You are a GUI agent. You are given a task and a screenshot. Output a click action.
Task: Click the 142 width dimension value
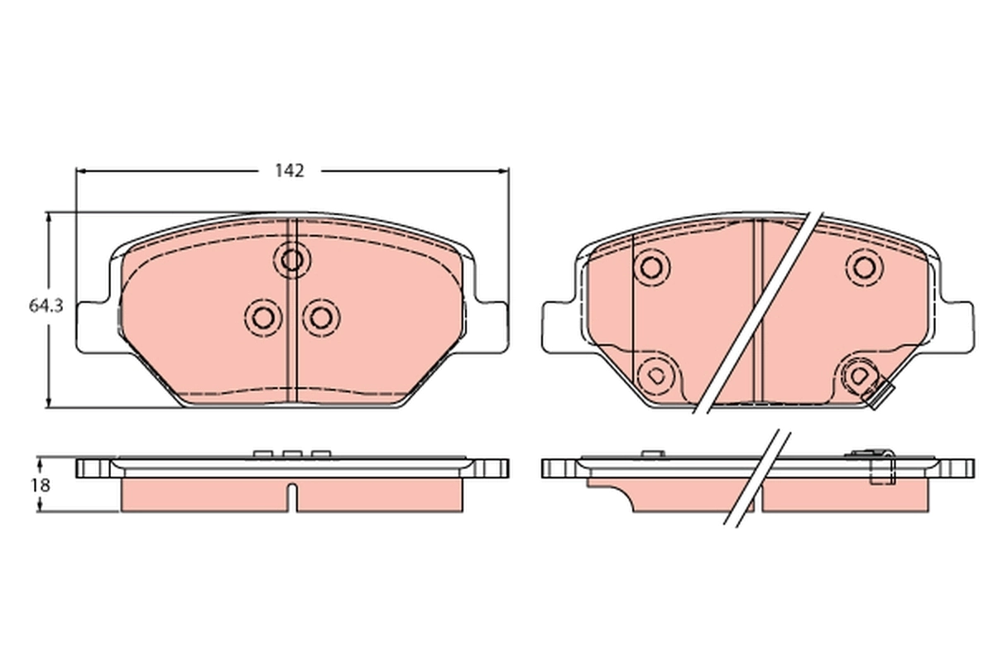point(290,171)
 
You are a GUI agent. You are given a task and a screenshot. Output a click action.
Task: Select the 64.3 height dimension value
point(46,306)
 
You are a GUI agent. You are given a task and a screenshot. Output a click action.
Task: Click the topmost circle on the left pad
point(291,260)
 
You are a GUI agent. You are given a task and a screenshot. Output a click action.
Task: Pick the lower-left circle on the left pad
point(263,316)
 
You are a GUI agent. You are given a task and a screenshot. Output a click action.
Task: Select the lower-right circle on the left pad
point(320,316)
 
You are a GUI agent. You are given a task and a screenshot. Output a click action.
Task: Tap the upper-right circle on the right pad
point(864,266)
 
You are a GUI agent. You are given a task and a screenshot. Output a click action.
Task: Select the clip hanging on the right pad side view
point(883,470)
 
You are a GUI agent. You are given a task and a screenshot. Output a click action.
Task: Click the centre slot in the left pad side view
point(290,496)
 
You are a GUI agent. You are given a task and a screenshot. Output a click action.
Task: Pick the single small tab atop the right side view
point(652,453)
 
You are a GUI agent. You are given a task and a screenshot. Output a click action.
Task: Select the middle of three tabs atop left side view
point(290,453)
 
